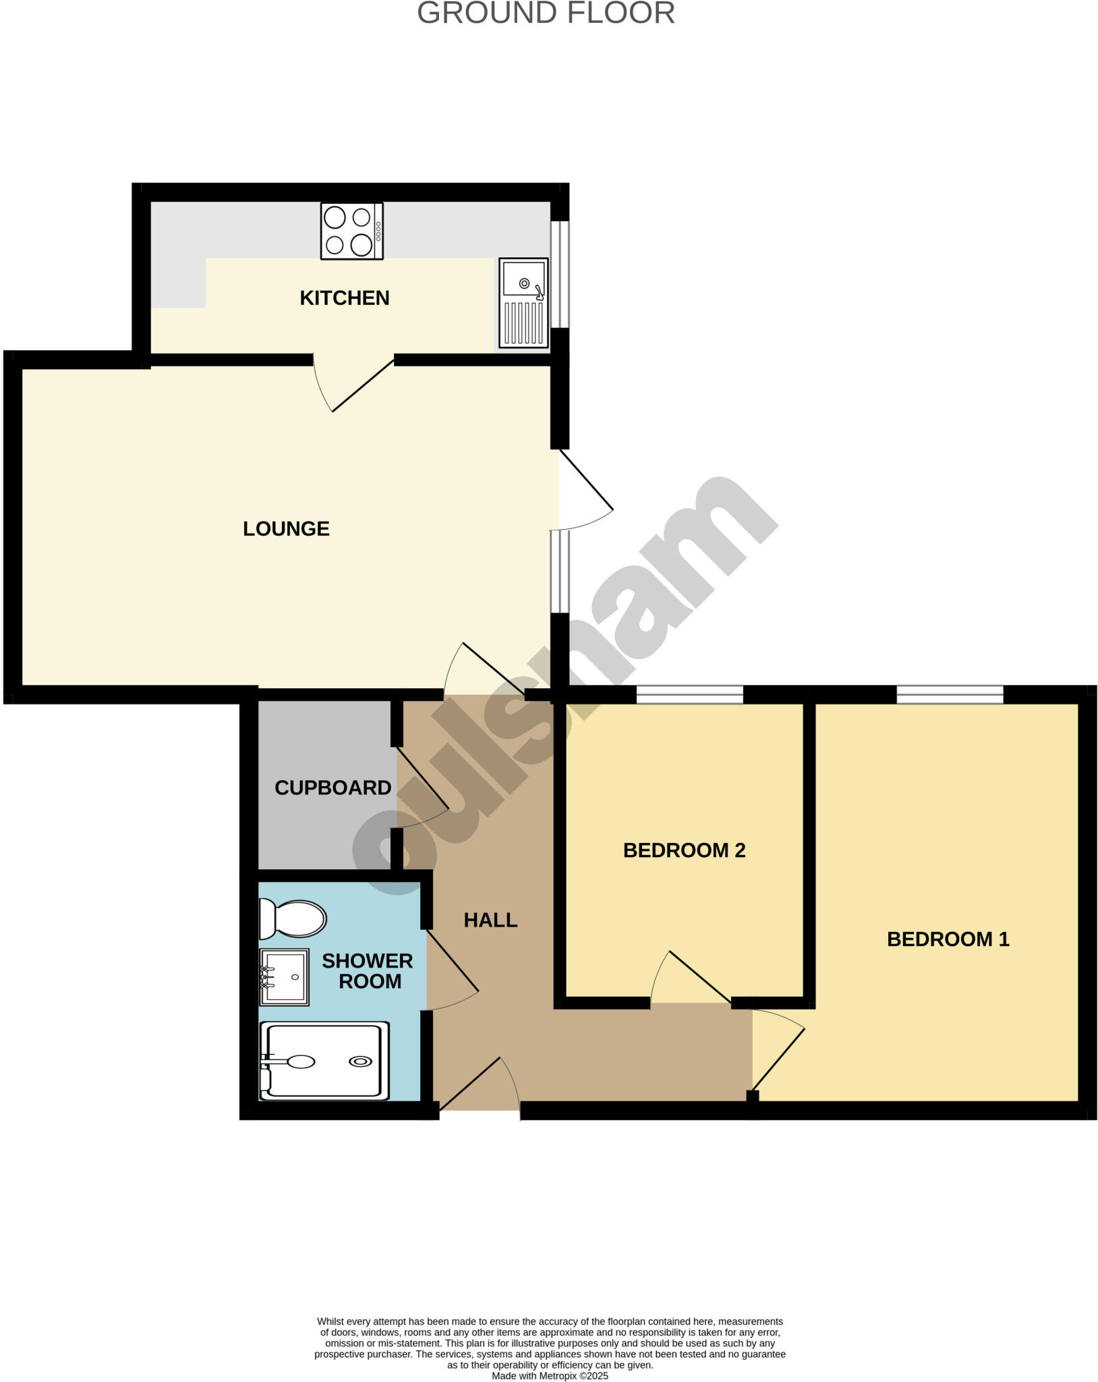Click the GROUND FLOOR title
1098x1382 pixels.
pos(546,13)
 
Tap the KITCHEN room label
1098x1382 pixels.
pos(344,298)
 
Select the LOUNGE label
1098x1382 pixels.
pos(286,528)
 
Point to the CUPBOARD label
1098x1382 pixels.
pos(333,787)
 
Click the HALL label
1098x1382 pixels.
pos(490,920)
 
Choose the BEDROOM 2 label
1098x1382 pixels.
pos(684,850)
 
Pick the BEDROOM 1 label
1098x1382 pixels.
pos(948,939)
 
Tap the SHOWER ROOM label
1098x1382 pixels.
pos(368,971)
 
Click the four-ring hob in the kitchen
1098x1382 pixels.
pos(351,231)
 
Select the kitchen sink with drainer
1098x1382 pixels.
pos(523,302)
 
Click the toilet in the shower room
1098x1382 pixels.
pos(292,918)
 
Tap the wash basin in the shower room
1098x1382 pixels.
pos(285,976)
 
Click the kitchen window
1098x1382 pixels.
pos(560,274)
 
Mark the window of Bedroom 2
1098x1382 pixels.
pos(689,694)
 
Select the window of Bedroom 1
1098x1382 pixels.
pos(950,694)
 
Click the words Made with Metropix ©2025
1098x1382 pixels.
pos(550,1375)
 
